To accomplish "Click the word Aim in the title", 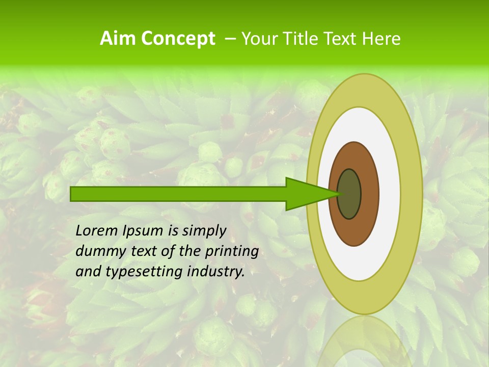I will pyautogui.click(x=118, y=39).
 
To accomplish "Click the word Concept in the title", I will pyautogui.click(x=178, y=39).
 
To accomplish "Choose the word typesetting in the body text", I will pyautogui.click(x=135, y=272).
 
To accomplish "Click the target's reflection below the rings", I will pyautogui.click(x=364, y=342).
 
